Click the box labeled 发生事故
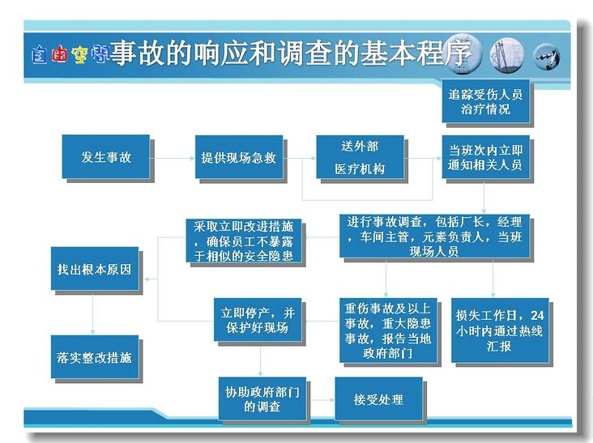click(106, 156)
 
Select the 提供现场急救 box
click(239, 157)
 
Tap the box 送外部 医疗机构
click(360, 157)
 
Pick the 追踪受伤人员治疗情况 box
click(485, 101)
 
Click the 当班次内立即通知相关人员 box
click(485, 157)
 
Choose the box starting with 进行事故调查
click(434, 236)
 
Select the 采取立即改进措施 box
click(244, 241)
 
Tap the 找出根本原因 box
click(95, 269)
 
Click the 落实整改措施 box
click(95, 357)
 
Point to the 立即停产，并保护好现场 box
click(258, 320)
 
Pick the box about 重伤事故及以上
click(388, 330)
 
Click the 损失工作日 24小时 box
click(500, 330)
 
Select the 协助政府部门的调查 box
click(262, 398)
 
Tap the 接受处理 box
click(378, 398)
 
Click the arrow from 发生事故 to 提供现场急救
click(173, 158)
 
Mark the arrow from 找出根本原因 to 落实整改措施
click(92, 313)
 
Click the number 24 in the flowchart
click(537, 315)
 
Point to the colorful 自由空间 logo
click(70, 55)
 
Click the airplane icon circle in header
click(547, 57)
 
